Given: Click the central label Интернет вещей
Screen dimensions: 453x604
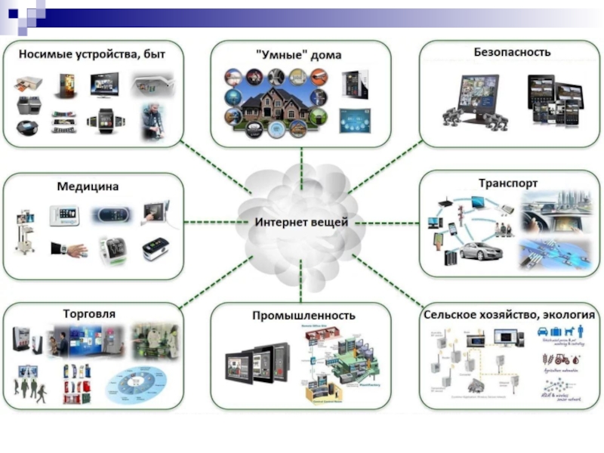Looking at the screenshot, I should click(x=301, y=223).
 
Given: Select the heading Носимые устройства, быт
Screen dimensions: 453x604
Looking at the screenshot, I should click(x=91, y=54).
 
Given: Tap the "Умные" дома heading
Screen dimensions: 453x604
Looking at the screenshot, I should click(x=299, y=55).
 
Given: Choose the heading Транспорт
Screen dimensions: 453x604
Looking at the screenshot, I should click(x=508, y=183).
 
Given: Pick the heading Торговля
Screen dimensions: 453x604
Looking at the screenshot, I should click(x=89, y=312).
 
